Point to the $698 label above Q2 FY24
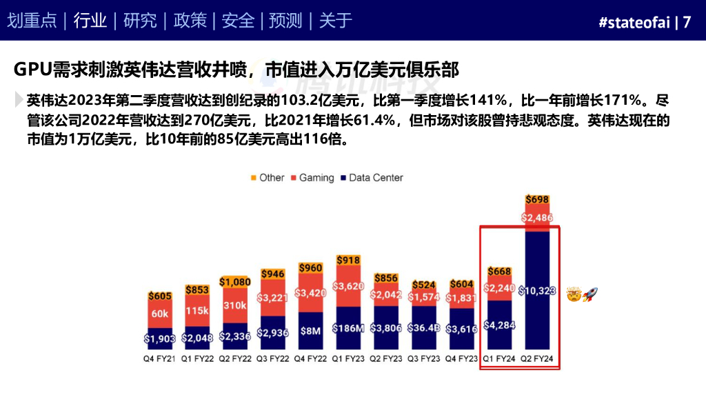tap(537, 200)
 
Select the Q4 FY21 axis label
tap(159, 359)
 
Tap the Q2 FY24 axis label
tap(538, 359)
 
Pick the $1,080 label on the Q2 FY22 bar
tap(235, 282)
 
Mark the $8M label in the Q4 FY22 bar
tap(311, 331)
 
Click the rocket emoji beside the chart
tap(590, 295)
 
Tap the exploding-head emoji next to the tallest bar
tap(574, 295)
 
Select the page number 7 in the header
tap(687, 22)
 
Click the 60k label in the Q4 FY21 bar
tap(159, 314)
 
